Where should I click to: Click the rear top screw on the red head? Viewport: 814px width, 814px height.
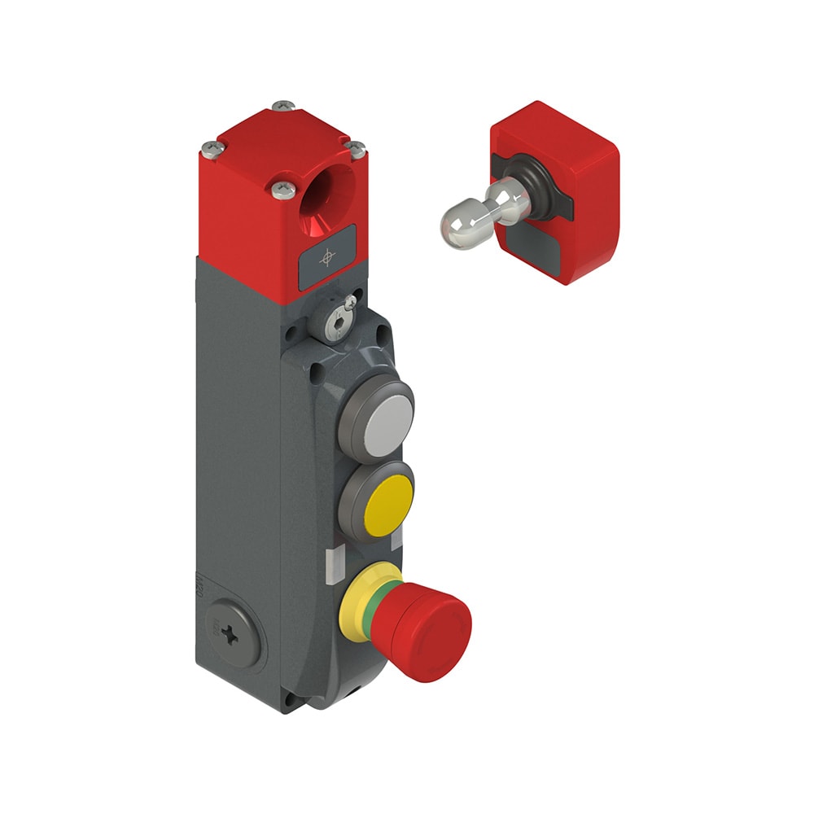tap(283, 105)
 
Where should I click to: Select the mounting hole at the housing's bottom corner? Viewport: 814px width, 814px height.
tap(287, 698)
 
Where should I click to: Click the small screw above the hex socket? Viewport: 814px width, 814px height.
tap(348, 303)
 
